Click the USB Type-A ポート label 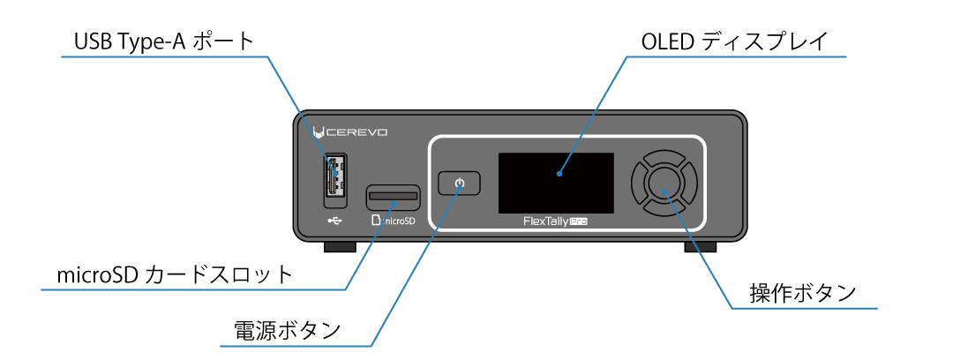[x=163, y=41]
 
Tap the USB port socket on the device [x=334, y=175]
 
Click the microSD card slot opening [x=393, y=194]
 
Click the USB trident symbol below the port [x=334, y=220]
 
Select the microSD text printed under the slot [x=393, y=221]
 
